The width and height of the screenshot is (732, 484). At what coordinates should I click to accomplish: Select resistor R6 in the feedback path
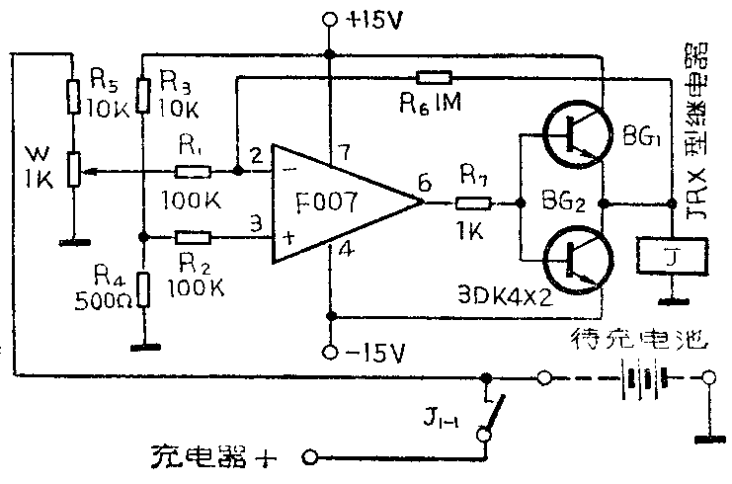click(x=434, y=77)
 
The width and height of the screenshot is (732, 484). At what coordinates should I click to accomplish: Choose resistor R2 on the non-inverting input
click(x=193, y=237)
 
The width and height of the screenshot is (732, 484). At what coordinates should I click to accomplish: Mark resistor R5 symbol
click(x=72, y=97)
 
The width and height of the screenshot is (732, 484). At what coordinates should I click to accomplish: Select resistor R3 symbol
click(x=143, y=97)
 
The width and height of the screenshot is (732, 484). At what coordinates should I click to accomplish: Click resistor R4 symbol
click(x=143, y=291)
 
